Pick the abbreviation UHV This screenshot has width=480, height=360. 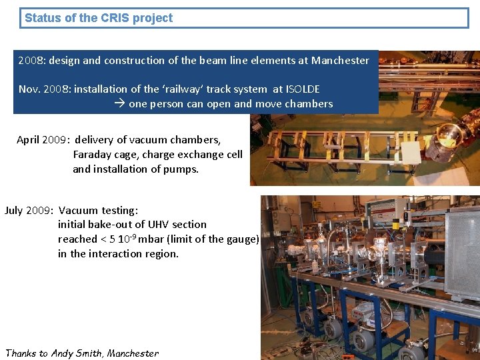click(x=159, y=225)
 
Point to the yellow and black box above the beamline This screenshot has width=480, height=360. click(x=395, y=224)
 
